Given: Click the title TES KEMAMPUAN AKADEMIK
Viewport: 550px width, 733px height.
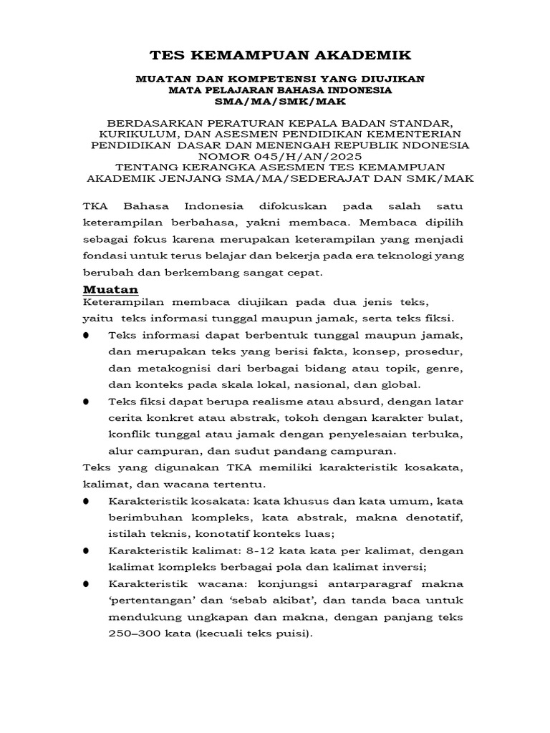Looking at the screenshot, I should (280, 54).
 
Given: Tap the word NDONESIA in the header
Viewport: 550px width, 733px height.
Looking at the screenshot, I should (437, 145).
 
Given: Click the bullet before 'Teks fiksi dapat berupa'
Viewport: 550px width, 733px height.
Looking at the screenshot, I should (87, 402).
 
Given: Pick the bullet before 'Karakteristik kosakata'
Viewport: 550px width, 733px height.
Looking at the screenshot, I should (87, 500).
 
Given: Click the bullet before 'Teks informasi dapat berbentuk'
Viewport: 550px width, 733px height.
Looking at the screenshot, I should (87, 336).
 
